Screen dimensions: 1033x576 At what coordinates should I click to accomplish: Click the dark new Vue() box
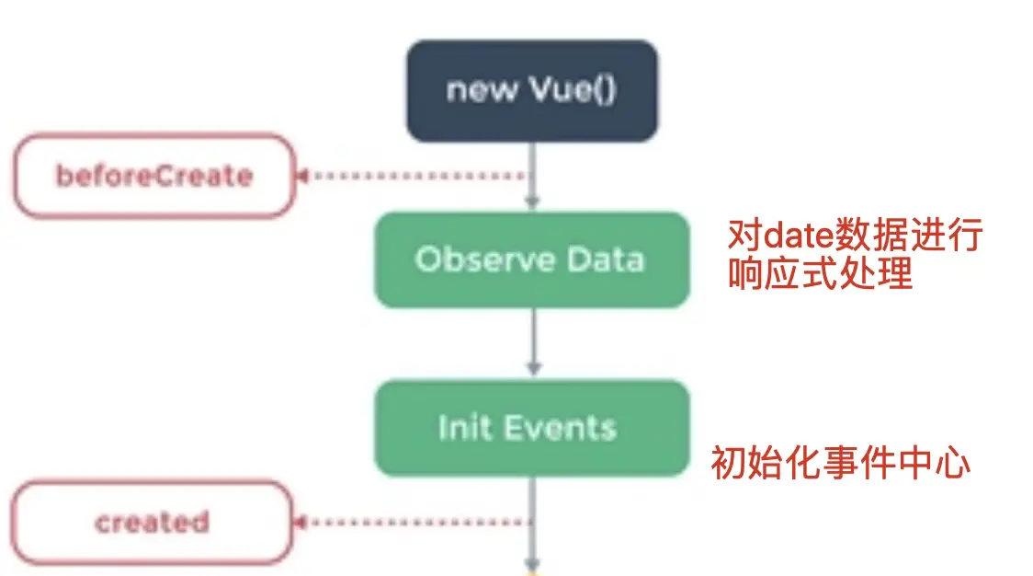click(x=531, y=91)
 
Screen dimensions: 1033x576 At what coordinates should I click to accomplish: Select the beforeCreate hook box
click(x=153, y=176)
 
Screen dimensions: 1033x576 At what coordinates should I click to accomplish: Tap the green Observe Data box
click(x=531, y=259)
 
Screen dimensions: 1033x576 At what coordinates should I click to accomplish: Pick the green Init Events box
click(x=531, y=428)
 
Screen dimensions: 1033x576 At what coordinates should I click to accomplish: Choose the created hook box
click(x=153, y=523)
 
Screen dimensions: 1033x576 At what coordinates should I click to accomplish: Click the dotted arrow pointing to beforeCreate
click(x=414, y=176)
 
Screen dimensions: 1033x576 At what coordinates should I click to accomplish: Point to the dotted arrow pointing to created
click(x=414, y=523)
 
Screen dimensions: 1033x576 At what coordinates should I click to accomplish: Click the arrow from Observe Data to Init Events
click(x=532, y=343)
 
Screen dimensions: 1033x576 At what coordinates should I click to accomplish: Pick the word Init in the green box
click(x=459, y=428)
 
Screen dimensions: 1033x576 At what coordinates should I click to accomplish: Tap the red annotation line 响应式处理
click(x=820, y=274)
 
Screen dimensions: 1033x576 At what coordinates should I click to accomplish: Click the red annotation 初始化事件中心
click(x=840, y=463)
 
